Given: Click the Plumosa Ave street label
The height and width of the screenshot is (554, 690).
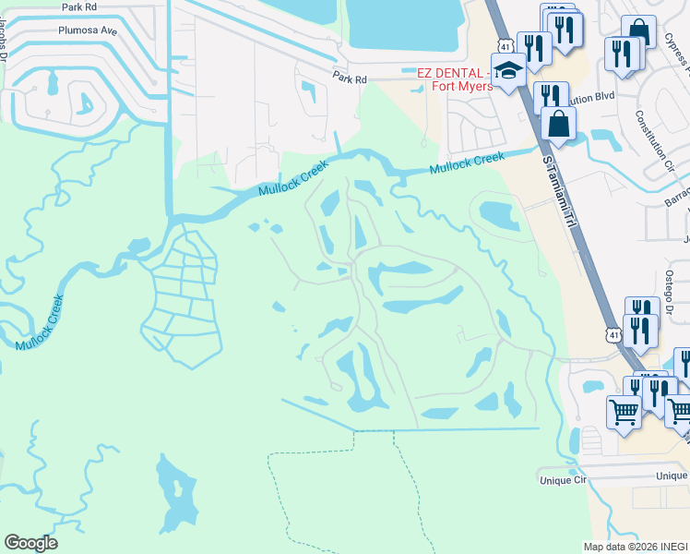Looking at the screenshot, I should pos(90,30).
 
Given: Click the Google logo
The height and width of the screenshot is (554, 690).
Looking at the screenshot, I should pos(30,543).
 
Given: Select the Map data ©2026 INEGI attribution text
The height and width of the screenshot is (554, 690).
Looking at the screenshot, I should pos(634,547).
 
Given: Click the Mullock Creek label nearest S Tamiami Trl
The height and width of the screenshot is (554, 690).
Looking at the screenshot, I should pos(467,163).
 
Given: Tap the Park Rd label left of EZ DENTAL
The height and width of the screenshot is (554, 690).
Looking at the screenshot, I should pos(351,80).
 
